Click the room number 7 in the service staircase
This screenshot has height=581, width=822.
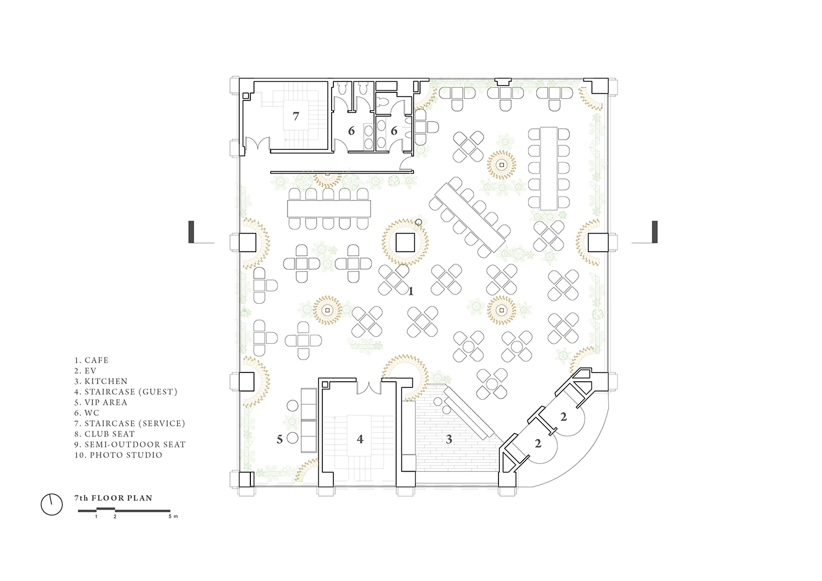click(x=296, y=116)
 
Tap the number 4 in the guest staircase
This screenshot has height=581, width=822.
click(x=360, y=439)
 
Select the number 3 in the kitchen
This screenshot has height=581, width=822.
click(x=449, y=439)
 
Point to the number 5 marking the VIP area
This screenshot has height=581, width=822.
click(x=279, y=439)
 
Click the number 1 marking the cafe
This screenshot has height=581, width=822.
click(x=411, y=291)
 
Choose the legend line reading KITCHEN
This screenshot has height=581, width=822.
click(x=101, y=381)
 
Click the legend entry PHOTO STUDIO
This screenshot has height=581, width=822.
click(x=118, y=455)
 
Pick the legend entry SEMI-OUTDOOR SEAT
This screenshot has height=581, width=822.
click(x=130, y=444)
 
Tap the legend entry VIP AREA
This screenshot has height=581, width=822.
click(x=101, y=402)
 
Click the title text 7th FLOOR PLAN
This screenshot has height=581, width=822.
click(x=113, y=498)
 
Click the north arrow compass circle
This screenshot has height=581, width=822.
click(x=52, y=504)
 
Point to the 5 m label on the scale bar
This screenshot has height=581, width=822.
click(x=173, y=517)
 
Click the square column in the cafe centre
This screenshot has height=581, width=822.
click(x=405, y=242)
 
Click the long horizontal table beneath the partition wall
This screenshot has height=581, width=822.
click(x=329, y=209)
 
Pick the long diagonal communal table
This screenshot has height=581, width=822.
click(x=470, y=218)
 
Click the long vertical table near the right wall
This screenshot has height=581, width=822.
click(x=548, y=168)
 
